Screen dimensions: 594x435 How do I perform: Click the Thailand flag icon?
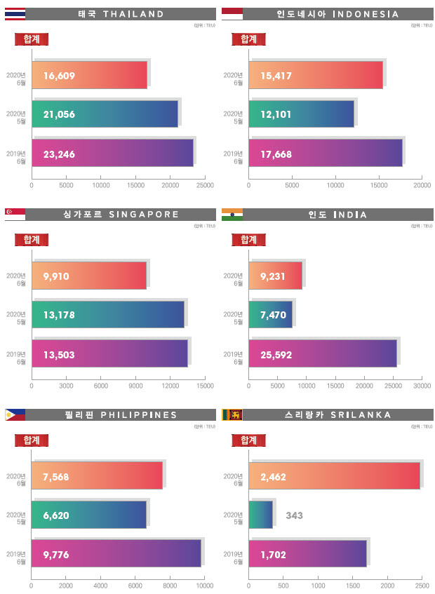[15, 13]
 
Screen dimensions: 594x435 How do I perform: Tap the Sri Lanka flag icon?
[232, 415]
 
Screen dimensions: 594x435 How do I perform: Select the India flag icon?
[232, 215]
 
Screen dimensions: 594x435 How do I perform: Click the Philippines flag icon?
[15, 415]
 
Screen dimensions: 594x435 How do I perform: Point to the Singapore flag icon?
[15, 215]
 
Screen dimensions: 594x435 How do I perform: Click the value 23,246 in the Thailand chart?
[59, 154]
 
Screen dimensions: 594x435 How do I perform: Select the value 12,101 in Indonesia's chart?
[276, 114]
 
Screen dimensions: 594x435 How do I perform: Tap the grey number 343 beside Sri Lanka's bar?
[295, 515]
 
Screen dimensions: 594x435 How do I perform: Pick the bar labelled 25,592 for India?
[323, 355]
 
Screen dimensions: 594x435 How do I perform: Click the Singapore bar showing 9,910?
[89, 276]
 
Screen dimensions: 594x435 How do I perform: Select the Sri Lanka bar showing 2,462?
[334, 476]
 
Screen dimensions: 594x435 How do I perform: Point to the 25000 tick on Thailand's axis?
[205, 186]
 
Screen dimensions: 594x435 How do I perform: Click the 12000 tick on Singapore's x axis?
[170, 386]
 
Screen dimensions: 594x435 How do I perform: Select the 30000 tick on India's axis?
[422, 386]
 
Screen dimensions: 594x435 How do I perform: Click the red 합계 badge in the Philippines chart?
[32, 440]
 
